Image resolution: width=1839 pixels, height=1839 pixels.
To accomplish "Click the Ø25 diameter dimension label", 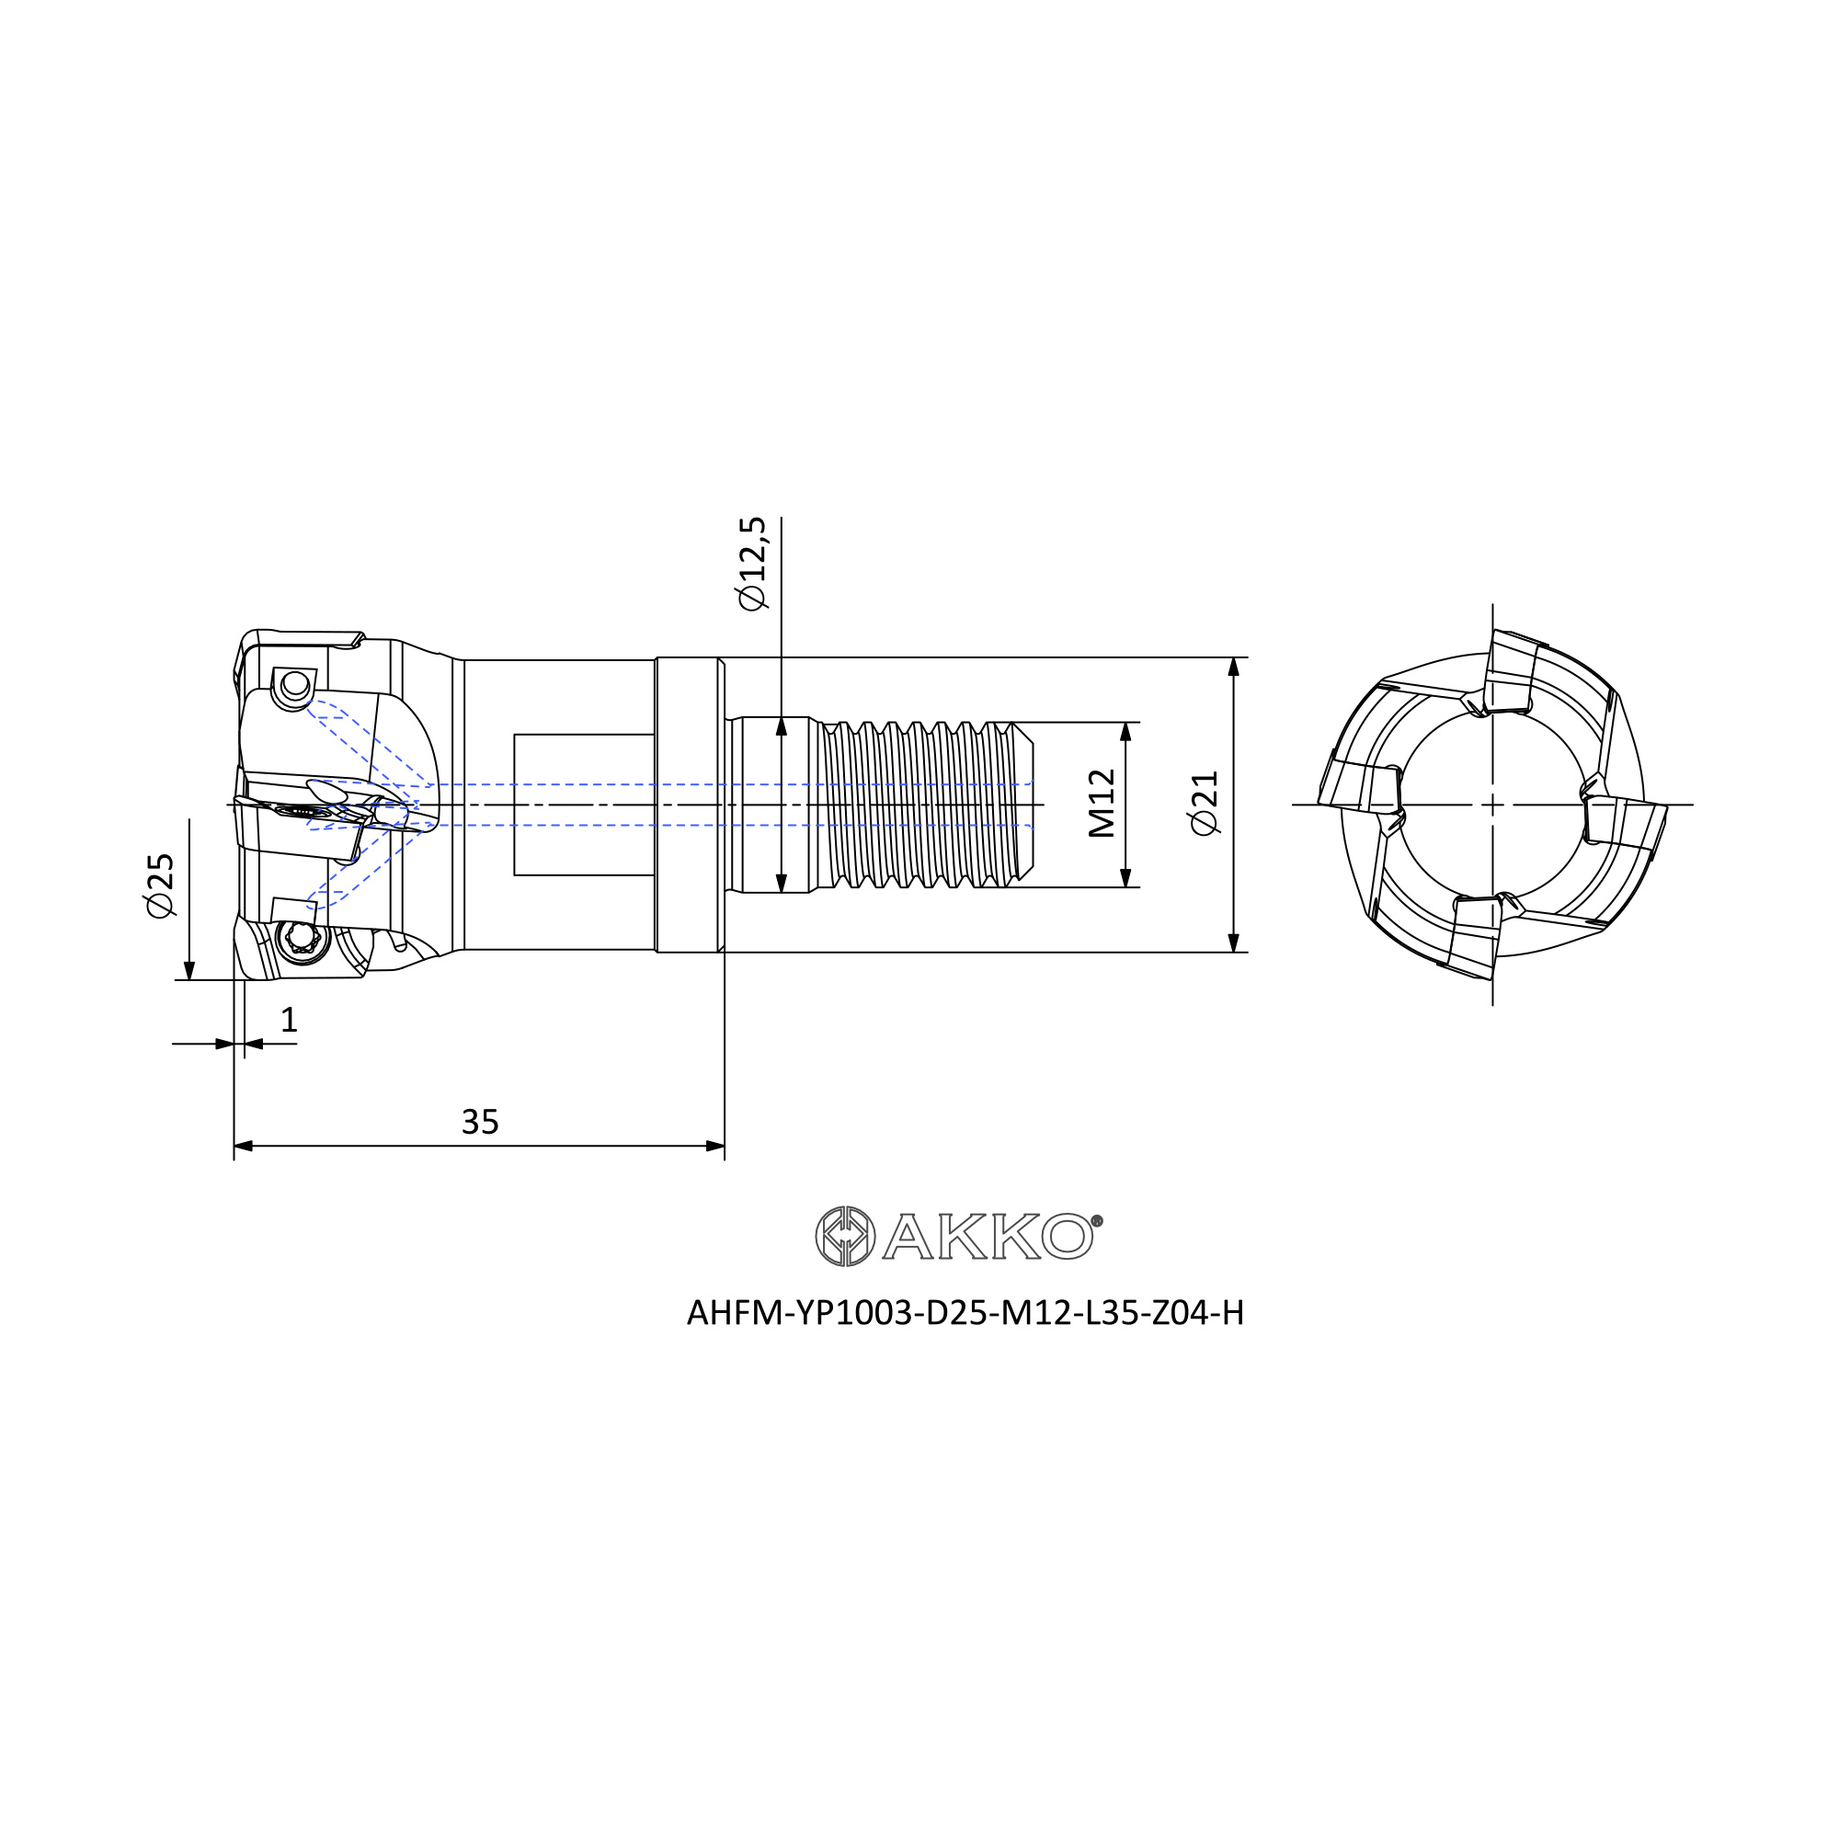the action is (x=161, y=885).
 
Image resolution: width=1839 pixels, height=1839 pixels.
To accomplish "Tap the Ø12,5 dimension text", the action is (x=751, y=564).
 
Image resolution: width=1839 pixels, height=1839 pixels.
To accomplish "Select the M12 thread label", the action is (x=1102, y=804).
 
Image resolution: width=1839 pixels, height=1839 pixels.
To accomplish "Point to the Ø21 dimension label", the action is (x=1205, y=804).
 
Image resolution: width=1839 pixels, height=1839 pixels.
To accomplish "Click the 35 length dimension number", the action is (x=480, y=1122).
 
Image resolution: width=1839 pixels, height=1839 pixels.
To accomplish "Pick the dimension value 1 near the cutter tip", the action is (x=290, y=1021).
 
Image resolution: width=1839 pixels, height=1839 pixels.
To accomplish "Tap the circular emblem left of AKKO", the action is (x=845, y=1237).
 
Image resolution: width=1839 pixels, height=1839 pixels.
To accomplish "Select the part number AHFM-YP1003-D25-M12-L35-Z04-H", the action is (x=965, y=1313).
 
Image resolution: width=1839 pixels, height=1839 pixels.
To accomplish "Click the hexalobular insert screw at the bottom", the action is (x=301, y=940).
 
